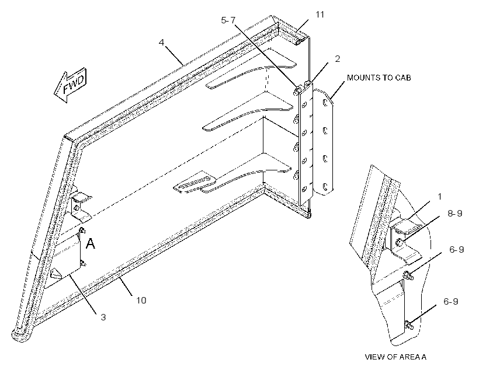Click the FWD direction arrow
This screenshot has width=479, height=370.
click(x=71, y=85)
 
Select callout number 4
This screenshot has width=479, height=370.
click(x=162, y=42)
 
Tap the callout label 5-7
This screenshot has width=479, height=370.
click(x=228, y=20)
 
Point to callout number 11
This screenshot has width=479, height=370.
click(x=320, y=15)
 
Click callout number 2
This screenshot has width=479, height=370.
click(x=337, y=58)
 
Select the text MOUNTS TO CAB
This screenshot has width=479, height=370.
click(x=379, y=78)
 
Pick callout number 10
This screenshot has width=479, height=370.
click(x=141, y=300)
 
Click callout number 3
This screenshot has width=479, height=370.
click(x=103, y=317)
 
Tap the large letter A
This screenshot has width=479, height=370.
click(x=91, y=243)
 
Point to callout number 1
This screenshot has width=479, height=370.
click(x=440, y=197)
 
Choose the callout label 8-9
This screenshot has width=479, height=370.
click(x=455, y=214)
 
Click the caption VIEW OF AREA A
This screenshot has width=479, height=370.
click(x=395, y=357)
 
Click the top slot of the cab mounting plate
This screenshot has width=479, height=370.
click(x=325, y=104)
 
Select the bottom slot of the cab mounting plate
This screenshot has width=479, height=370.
click(x=325, y=186)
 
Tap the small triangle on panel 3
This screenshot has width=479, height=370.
click(x=57, y=273)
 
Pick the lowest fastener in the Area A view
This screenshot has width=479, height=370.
click(x=409, y=326)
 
